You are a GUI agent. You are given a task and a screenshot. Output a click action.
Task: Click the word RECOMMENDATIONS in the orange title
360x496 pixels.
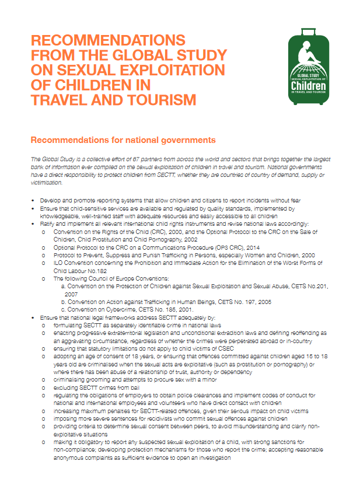(108, 41)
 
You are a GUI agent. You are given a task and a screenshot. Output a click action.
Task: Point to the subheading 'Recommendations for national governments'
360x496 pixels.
(123, 140)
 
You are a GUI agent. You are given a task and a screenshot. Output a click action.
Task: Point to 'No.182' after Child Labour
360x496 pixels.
(97, 271)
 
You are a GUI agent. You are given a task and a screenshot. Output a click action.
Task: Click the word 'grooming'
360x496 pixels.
(96, 379)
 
